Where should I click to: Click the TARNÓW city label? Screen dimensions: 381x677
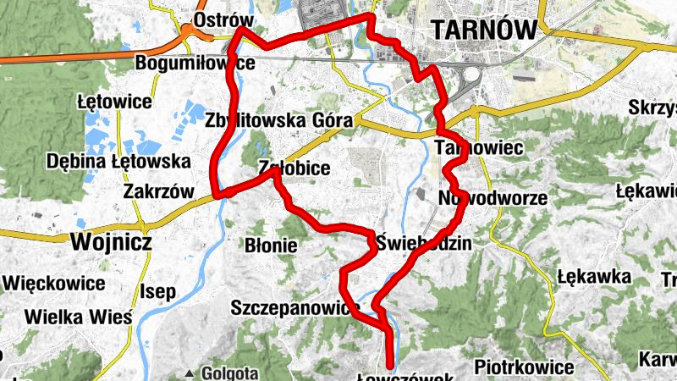pyautogui.click(x=483, y=30)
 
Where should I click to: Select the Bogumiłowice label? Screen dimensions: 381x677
pyautogui.click(x=195, y=63)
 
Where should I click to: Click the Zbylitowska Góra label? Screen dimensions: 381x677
pyautogui.click(x=278, y=120)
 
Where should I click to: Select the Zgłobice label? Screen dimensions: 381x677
pyautogui.click(x=294, y=169)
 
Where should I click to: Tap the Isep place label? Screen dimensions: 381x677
pyautogui.click(x=158, y=292)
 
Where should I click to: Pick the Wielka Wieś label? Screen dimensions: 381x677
pyautogui.click(x=79, y=317)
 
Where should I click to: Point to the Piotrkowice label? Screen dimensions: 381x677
pyautogui.click(x=524, y=367)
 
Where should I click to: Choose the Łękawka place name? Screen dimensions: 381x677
pyautogui.click(x=594, y=276)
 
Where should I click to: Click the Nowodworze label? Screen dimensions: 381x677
pyautogui.click(x=493, y=199)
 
